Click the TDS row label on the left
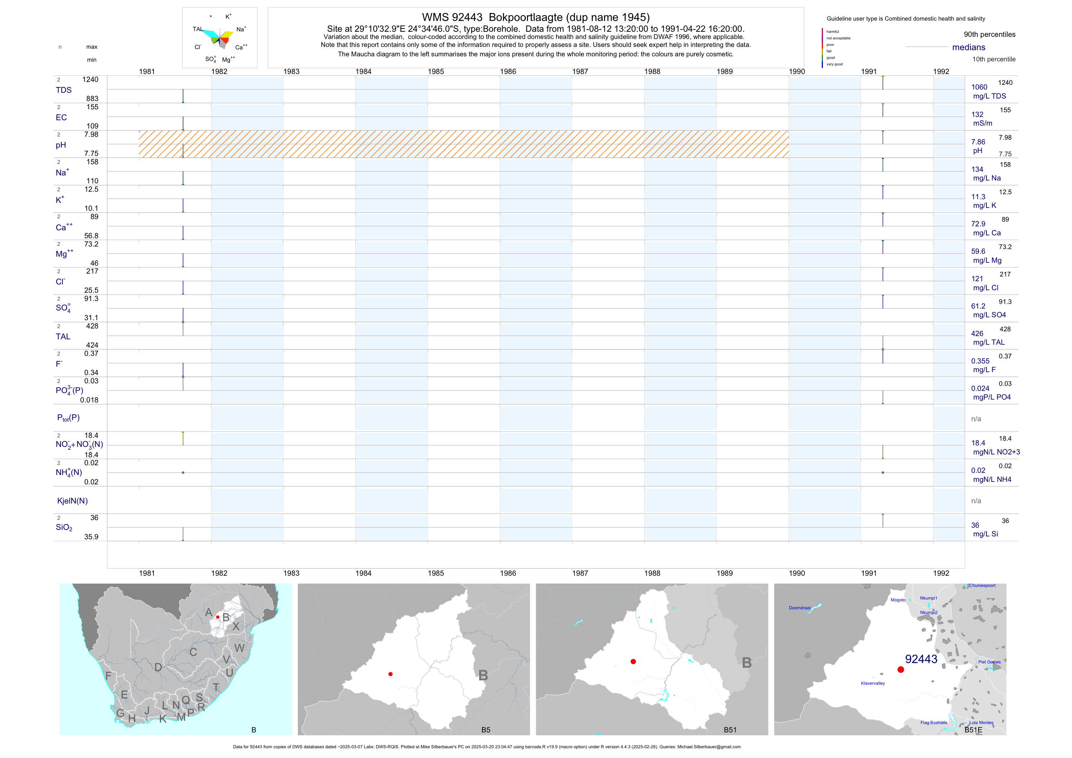64,90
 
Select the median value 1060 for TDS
979,87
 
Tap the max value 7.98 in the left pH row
91,134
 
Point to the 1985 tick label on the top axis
435,71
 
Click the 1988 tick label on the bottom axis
652,573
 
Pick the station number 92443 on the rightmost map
921,659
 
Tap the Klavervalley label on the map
873,683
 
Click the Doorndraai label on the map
799,608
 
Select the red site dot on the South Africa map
218,617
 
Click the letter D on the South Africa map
158,667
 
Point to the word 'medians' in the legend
969,48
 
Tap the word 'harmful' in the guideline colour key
833,32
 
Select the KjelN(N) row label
72,501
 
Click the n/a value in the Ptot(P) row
976,419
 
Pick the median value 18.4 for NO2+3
978,443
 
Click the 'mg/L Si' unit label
985,534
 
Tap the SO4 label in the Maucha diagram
211,59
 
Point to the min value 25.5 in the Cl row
91,290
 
